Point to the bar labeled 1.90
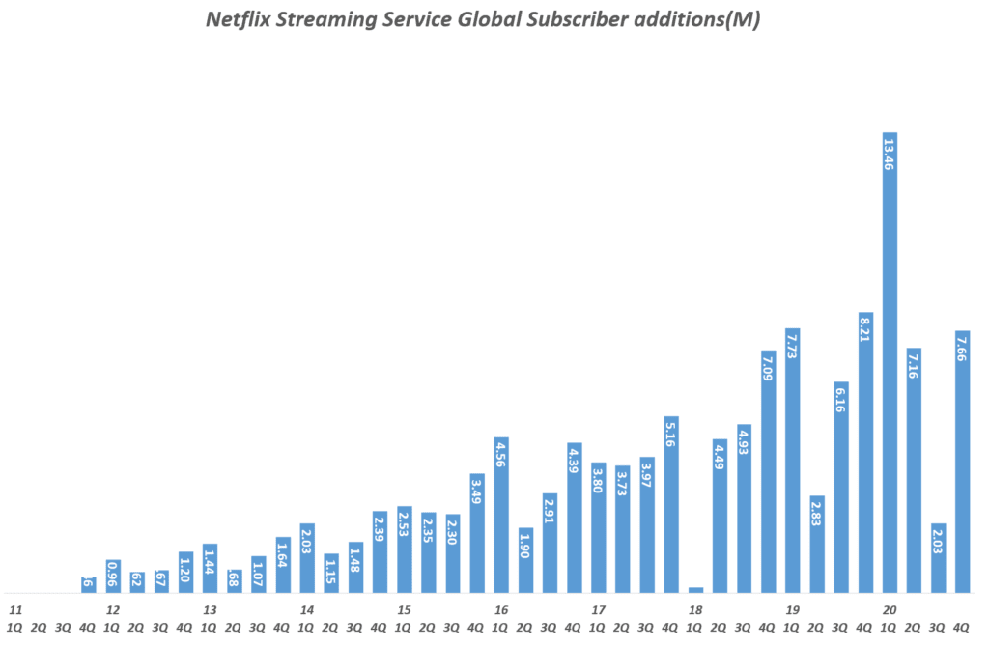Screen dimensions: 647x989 [525, 560]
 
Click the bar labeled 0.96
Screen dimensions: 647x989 [113, 576]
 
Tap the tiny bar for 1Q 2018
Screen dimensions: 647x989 [695, 589]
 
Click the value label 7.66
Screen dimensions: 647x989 [962, 348]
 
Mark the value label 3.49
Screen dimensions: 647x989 [477, 492]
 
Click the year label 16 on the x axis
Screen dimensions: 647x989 [501, 610]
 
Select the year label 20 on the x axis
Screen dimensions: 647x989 [890, 610]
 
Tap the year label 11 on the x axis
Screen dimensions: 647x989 [15, 610]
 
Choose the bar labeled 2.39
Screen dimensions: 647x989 [380, 551]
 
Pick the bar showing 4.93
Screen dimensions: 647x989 [744, 508]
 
